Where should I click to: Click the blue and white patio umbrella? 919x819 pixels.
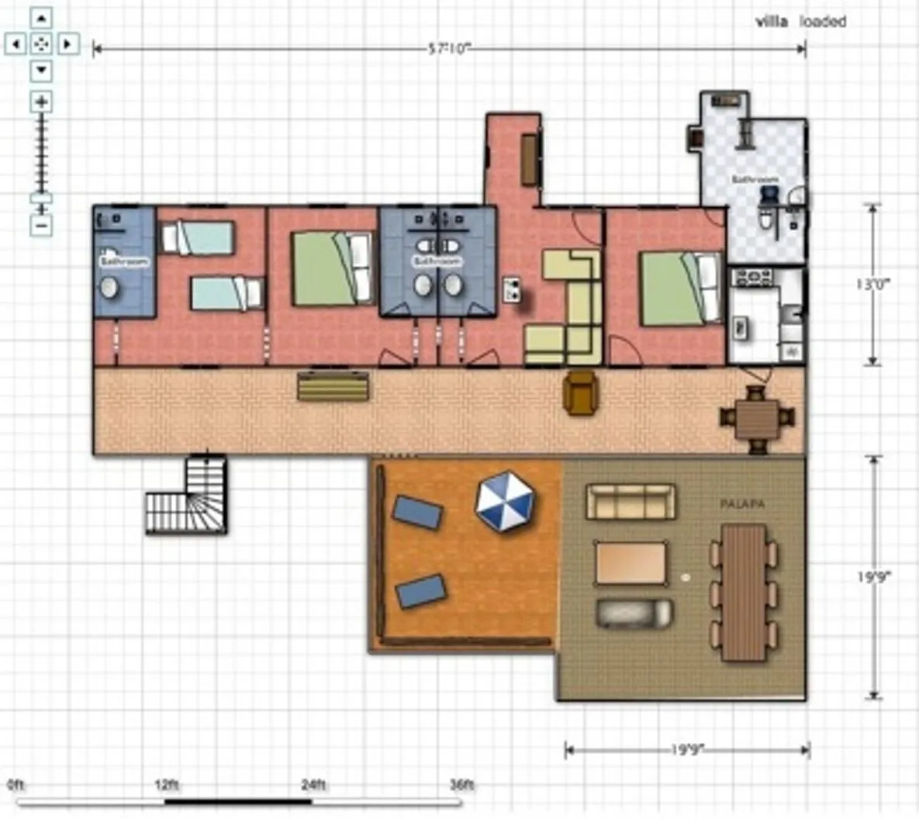click(x=505, y=502)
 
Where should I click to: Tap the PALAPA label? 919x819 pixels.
click(x=742, y=505)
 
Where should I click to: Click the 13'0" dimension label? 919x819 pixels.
click(x=873, y=285)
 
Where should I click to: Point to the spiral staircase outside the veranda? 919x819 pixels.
click(x=188, y=497)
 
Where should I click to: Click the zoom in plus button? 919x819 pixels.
click(x=41, y=102)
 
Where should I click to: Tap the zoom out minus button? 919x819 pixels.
click(x=41, y=226)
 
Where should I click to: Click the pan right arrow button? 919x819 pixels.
click(x=68, y=44)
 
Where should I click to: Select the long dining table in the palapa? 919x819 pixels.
click(x=744, y=593)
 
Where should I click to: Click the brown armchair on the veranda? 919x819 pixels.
click(x=581, y=392)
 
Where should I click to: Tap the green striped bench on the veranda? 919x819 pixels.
click(x=333, y=386)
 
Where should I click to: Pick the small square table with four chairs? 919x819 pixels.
click(x=757, y=418)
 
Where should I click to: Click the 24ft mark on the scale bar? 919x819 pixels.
click(x=313, y=785)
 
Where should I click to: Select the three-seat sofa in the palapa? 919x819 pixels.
click(x=631, y=502)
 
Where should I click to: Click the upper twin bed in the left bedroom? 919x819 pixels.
click(x=197, y=238)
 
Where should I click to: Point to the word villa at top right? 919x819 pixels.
click(x=772, y=22)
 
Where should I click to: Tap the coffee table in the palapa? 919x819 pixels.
click(x=631, y=562)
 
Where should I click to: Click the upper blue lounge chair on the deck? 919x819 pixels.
click(x=417, y=513)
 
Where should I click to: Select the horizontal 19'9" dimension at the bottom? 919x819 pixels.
click(x=686, y=750)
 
